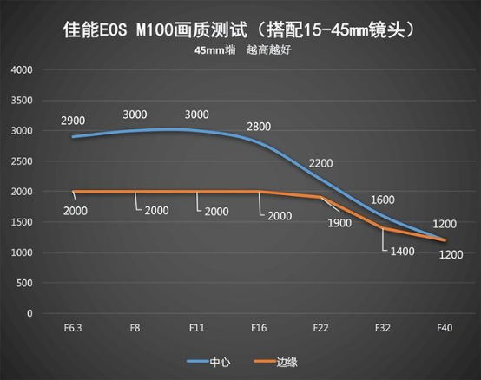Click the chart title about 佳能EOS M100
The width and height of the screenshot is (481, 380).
[240, 30]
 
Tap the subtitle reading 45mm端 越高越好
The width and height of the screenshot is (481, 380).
[242, 50]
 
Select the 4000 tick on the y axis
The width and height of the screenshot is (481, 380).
[22, 70]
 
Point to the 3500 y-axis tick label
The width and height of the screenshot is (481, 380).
[22, 101]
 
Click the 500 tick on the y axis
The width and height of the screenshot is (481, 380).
[24, 283]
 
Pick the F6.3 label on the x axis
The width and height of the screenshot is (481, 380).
[73, 328]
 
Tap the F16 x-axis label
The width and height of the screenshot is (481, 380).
[259, 328]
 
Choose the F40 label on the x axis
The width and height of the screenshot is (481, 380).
[445, 328]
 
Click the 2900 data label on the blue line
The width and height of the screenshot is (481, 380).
[73, 121]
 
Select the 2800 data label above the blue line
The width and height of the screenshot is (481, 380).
[259, 127]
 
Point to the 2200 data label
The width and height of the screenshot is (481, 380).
[321, 163]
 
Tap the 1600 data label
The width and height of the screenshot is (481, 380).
[383, 200]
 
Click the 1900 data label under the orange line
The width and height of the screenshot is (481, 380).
[339, 223]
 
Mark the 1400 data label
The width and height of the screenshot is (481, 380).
[403, 252]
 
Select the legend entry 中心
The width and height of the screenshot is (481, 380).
[208, 362]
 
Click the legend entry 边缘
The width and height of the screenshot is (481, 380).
[276, 362]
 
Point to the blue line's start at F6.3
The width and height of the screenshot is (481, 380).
[73, 137]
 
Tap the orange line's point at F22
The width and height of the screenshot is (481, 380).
[321, 197]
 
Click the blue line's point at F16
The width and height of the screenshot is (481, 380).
[259, 143]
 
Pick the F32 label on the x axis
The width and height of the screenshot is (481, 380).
[383, 328]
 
